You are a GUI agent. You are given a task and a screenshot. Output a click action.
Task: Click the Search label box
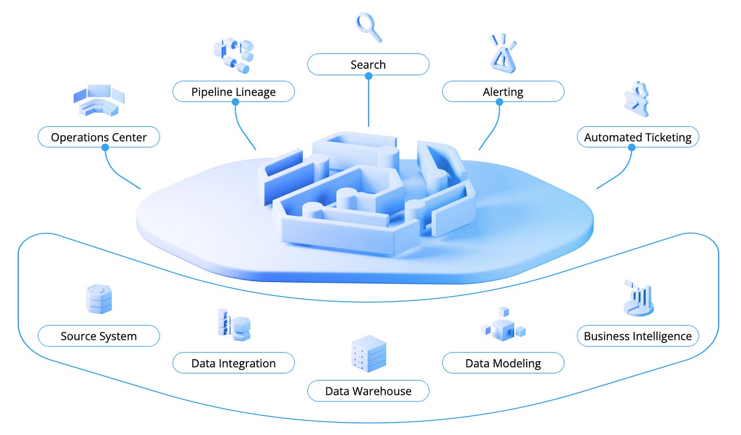[x=368, y=65]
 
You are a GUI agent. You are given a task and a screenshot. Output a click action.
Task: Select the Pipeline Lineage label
[x=234, y=92]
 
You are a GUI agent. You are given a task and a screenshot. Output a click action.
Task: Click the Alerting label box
[x=503, y=92]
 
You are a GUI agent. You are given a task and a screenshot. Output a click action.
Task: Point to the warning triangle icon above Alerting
[x=503, y=54]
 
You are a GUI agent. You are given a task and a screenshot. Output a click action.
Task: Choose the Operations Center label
[x=99, y=137]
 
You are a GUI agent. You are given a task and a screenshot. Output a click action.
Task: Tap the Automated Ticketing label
[x=638, y=137]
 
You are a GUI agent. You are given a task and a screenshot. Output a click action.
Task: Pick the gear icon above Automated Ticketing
[x=637, y=99]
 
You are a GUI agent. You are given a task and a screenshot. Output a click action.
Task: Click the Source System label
[x=99, y=336]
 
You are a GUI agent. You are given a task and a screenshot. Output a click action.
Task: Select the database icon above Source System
[x=99, y=299]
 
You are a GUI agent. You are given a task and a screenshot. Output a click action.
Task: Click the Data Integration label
[x=234, y=363]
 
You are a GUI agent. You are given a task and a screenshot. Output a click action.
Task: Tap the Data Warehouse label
[x=368, y=391]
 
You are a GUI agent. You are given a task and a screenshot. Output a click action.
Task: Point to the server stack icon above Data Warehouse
[x=368, y=354]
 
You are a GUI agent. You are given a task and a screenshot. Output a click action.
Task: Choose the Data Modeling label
[x=503, y=363]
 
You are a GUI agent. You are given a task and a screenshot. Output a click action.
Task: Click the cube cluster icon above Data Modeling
[x=503, y=326]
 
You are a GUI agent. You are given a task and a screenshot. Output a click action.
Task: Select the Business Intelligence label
[x=638, y=336]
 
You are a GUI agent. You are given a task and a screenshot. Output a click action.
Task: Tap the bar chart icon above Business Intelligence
[x=638, y=298]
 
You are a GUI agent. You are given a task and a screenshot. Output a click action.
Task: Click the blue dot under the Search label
[x=368, y=76]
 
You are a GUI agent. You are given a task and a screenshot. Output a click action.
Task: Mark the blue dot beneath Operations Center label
[x=105, y=148]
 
